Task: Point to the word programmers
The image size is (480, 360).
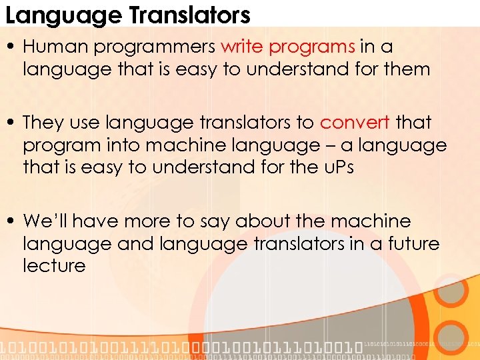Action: pyautogui.click(x=153, y=47)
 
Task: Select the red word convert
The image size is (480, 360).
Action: pyautogui.click(x=355, y=123)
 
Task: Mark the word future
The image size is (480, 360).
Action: pyautogui.click(x=412, y=243)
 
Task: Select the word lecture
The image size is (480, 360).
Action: pyautogui.click(x=54, y=265)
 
